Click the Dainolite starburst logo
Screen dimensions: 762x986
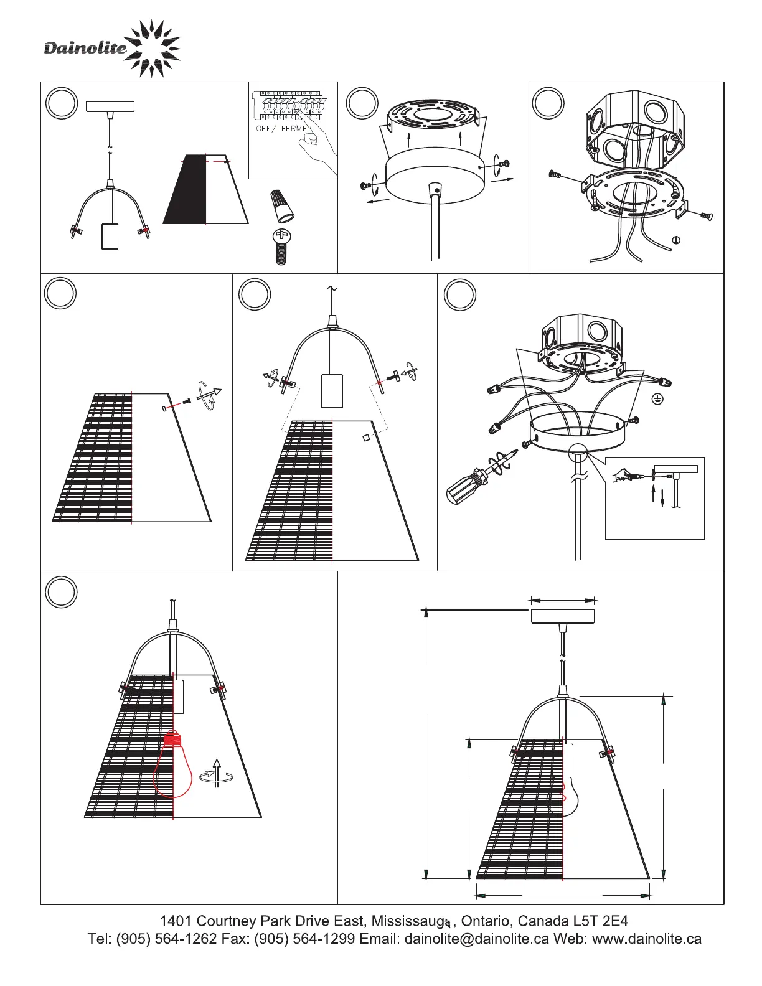152,49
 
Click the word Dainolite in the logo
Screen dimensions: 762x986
85,48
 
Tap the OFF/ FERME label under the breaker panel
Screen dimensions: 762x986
281,129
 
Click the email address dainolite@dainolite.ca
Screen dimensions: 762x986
477,939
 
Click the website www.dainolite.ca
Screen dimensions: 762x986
647,939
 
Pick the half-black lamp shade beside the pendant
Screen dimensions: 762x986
205,189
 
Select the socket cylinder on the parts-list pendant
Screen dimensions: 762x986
110,237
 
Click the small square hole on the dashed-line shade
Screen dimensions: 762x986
366,438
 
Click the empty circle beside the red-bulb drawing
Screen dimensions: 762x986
61,591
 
